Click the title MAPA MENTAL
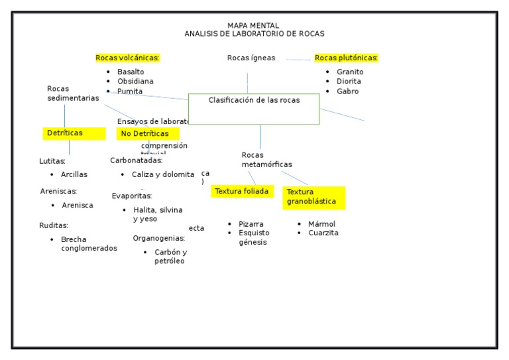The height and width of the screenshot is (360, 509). [254, 25]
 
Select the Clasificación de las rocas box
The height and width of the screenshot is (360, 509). [254, 109]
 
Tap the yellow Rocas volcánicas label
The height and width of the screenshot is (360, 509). [127, 58]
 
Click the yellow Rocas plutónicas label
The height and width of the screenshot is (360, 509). [346, 58]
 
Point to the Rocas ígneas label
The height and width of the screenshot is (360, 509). [251, 58]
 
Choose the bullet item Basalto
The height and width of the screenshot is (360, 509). [131, 72]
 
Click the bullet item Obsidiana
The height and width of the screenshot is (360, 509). [135, 82]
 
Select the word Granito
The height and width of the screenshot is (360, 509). [350, 72]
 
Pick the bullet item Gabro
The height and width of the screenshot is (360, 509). [347, 91]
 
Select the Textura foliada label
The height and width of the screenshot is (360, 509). [242, 191]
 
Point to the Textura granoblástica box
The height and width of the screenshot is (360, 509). [313, 197]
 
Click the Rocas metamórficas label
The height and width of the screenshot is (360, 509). [266, 160]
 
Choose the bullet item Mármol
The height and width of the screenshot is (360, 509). [321, 224]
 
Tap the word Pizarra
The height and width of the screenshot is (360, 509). [251, 224]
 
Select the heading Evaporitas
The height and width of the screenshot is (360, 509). [132, 196]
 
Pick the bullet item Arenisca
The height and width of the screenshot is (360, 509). [78, 206]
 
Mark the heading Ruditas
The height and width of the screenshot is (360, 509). [54, 225]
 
